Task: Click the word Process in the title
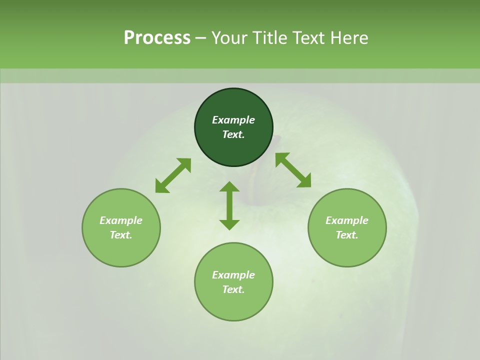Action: (x=157, y=38)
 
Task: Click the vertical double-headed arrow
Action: (x=229, y=206)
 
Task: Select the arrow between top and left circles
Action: (x=173, y=175)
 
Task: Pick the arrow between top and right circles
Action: (x=293, y=170)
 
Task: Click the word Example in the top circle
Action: (x=233, y=120)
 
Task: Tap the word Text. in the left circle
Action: (x=121, y=235)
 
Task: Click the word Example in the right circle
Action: (x=347, y=220)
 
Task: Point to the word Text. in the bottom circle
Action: (x=233, y=289)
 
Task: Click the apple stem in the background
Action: (x=259, y=185)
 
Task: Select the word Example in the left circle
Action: (x=121, y=220)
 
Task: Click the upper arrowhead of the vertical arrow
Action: (x=229, y=187)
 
